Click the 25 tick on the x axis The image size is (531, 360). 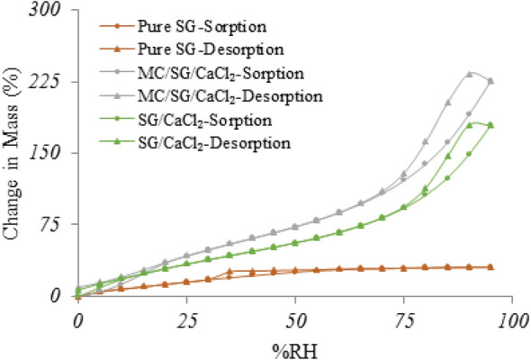click(186, 320)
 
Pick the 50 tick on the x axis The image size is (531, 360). click(295, 320)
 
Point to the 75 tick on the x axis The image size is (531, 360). click(404, 320)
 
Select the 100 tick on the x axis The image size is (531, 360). click(512, 320)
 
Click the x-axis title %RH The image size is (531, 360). click(295, 347)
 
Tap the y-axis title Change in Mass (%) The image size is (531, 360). click(15, 153)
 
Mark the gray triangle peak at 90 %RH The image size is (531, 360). click(470, 74)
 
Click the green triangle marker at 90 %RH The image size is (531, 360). click(470, 124)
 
